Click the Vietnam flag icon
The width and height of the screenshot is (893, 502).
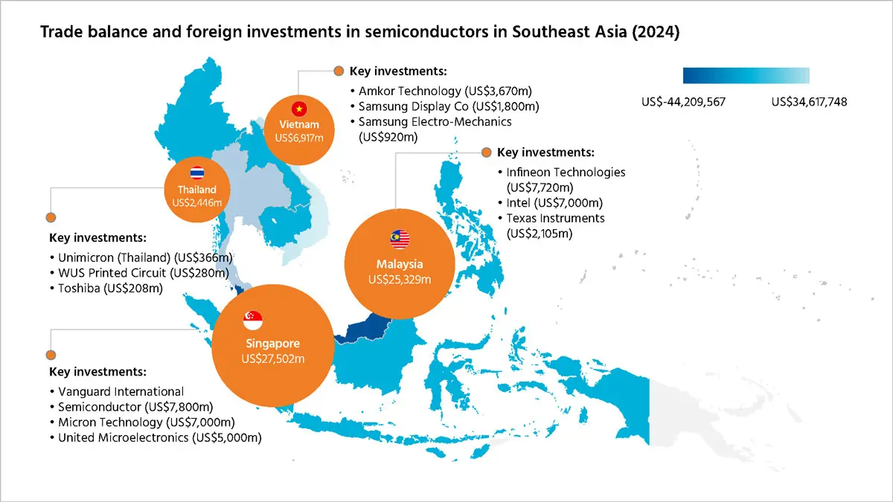(x=300, y=108)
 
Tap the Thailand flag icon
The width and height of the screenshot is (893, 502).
(x=197, y=173)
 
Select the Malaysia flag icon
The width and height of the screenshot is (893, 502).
(x=400, y=239)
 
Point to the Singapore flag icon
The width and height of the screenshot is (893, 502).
(x=254, y=319)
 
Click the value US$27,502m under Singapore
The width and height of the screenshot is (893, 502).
(x=274, y=358)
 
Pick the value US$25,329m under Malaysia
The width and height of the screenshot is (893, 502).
(x=400, y=280)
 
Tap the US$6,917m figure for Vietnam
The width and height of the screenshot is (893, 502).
(x=299, y=138)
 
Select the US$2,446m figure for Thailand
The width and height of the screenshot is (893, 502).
(x=197, y=202)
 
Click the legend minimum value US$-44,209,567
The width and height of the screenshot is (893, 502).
(x=683, y=102)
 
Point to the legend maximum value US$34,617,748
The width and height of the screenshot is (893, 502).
(x=810, y=102)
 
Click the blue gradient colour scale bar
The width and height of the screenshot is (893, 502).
(x=746, y=75)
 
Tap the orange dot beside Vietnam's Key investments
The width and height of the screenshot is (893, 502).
(x=339, y=71)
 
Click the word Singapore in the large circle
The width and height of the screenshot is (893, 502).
(x=273, y=344)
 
